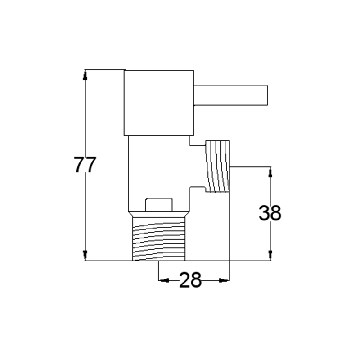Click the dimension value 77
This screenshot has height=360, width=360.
coord(85,164)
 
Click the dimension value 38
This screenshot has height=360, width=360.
coord(270,213)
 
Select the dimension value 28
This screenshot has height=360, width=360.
coord(190,280)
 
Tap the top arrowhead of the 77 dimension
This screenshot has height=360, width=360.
coord(85,75)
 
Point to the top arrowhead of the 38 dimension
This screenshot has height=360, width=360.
coord(270,172)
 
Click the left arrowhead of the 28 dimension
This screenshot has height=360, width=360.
coord(164,280)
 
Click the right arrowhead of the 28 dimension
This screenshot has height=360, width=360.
coord(224,280)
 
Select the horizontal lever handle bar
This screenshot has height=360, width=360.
coord(230,95)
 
